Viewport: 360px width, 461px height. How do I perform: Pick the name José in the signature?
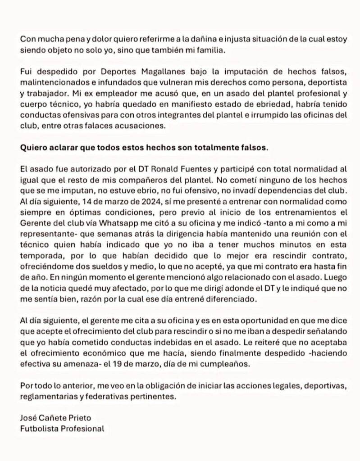28,418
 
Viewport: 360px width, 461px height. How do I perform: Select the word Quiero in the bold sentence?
33,148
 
